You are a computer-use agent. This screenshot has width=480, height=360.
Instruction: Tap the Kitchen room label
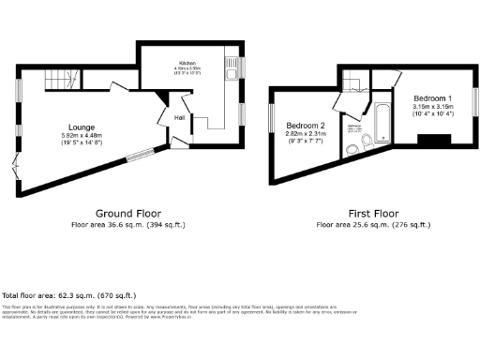[x=187, y=64]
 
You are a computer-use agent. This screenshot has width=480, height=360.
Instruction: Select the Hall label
[x=179, y=117]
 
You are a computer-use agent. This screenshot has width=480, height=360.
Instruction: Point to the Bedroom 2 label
[x=306, y=126]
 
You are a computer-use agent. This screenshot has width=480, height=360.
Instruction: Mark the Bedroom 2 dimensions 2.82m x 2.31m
[x=306, y=134]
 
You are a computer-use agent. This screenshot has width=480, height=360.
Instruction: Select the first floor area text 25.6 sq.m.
[x=373, y=225]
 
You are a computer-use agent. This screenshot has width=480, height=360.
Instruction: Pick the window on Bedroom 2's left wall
[x=272, y=122]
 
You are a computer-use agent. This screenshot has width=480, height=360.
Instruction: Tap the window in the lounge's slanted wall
[x=140, y=152]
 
